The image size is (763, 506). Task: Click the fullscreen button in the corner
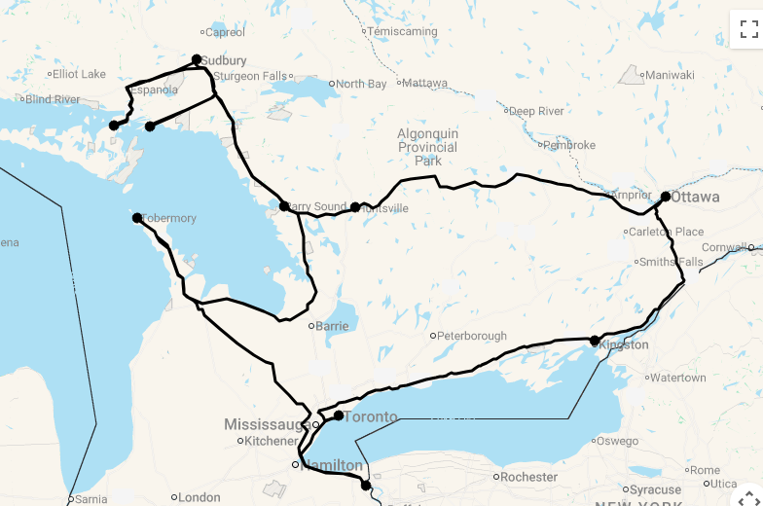(x=746, y=28)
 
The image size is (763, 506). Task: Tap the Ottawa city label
(x=696, y=198)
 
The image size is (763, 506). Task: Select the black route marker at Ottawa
(x=666, y=197)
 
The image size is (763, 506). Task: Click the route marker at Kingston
(x=595, y=341)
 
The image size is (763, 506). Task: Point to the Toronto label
(x=371, y=417)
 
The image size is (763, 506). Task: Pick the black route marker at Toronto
(x=339, y=416)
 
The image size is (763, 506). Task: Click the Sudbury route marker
(x=197, y=59)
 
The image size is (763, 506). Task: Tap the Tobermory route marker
(x=137, y=218)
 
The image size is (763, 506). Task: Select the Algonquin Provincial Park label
(x=427, y=147)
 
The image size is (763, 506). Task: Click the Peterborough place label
(x=472, y=336)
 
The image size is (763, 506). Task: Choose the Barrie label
(x=332, y=326)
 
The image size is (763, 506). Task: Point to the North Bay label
(x=362, y=84)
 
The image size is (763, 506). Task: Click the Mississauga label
(x=267, y=424)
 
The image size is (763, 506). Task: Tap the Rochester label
(x=529, y=477)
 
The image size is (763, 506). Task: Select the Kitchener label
(x=271, y=441)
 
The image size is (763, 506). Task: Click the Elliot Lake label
(x=79, y=74)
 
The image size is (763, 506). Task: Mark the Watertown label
(x=677, y=378)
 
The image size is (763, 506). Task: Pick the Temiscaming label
(x=403, y=31)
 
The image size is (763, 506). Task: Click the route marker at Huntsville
(x=355, y=206)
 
